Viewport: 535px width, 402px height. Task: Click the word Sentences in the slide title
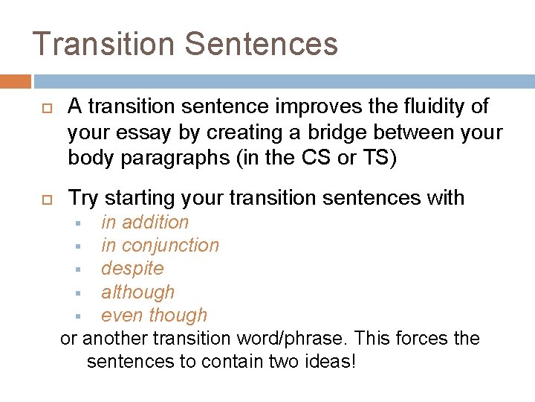261,43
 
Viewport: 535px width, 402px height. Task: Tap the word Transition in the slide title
103,43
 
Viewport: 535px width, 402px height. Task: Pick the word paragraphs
200,158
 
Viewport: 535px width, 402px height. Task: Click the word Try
83,198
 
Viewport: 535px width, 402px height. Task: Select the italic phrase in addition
145,222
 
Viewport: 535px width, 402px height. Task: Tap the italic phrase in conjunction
160,245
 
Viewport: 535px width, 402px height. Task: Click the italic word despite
132,268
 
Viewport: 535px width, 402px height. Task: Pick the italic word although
137,292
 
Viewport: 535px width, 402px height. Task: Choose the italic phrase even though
154,315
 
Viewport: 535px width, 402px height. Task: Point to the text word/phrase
292,339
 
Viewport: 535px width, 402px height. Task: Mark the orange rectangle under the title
15,81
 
